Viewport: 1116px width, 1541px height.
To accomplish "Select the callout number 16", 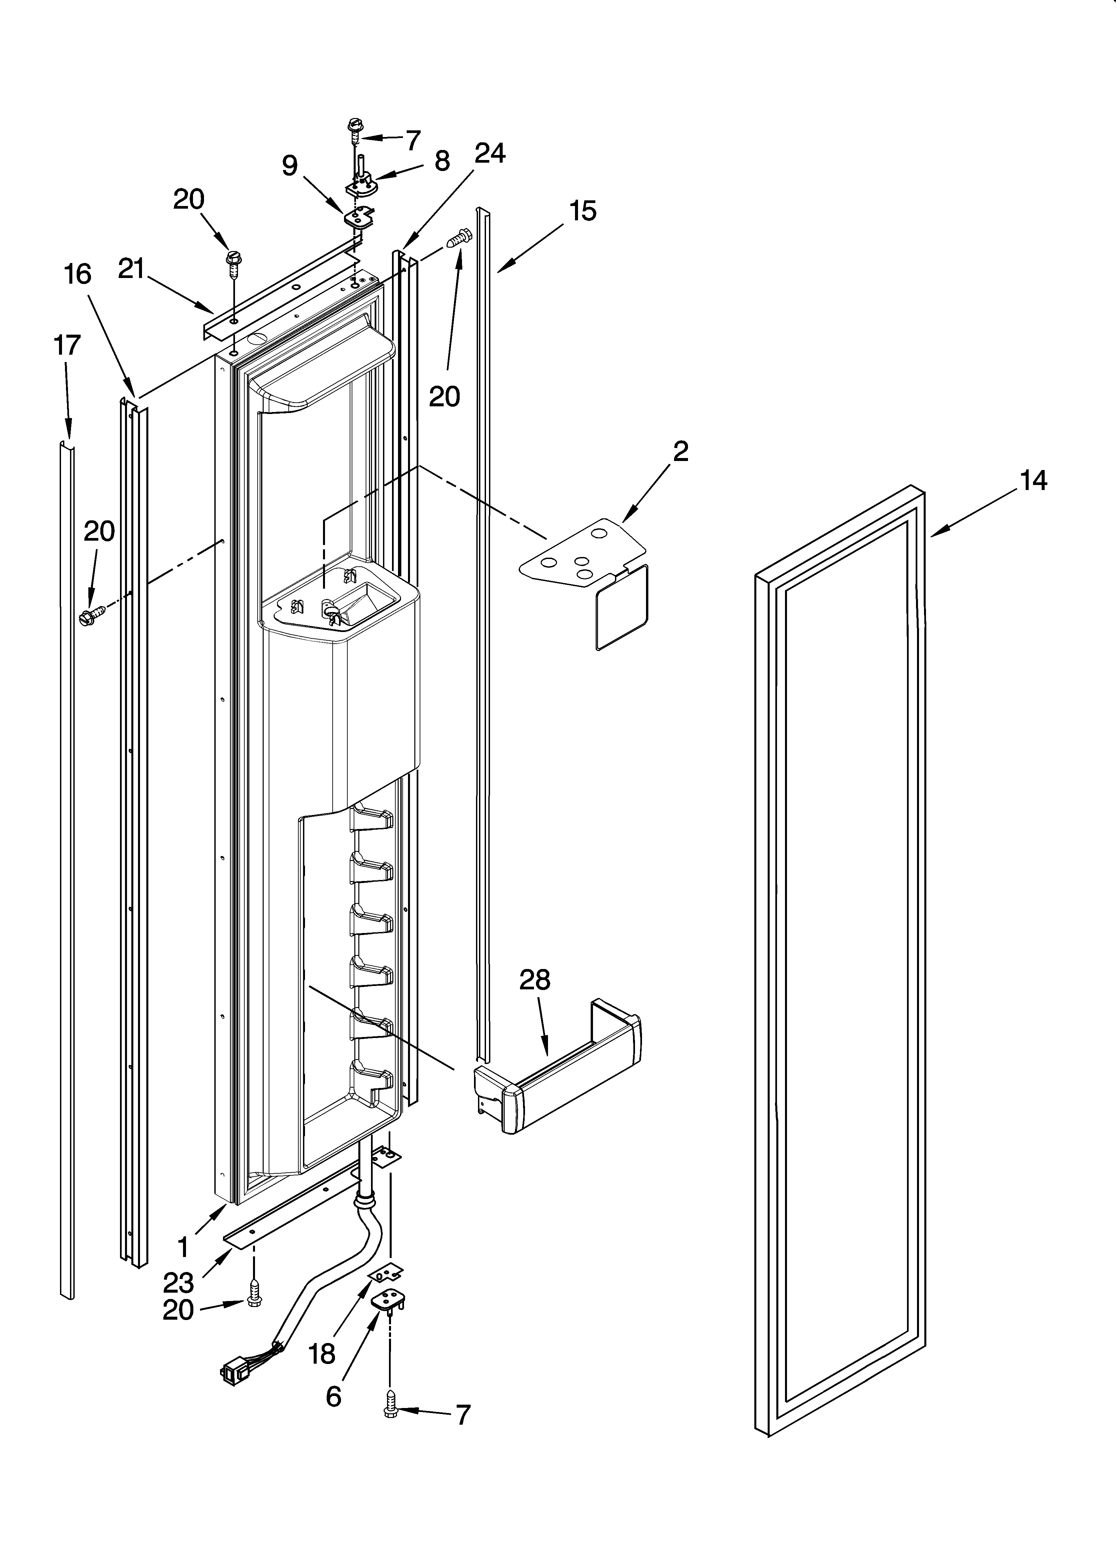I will (x=78, y=274).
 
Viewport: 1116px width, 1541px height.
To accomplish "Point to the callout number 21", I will (x=131, y=269).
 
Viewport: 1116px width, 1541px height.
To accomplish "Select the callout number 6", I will (x=333, y=1396).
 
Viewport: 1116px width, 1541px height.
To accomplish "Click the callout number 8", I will (x=442, y=161).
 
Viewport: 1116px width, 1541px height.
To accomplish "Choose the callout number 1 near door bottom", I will (x=183, y=1247).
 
